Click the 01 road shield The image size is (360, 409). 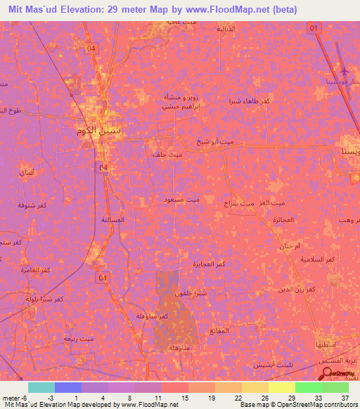pos(314,27)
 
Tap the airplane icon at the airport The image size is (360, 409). pos(344,72)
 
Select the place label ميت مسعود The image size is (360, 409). pos(182,200)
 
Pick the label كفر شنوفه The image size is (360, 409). pos(33,204)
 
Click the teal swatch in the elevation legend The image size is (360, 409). pos(41,387)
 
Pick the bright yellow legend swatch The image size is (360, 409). pos(281,387)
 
